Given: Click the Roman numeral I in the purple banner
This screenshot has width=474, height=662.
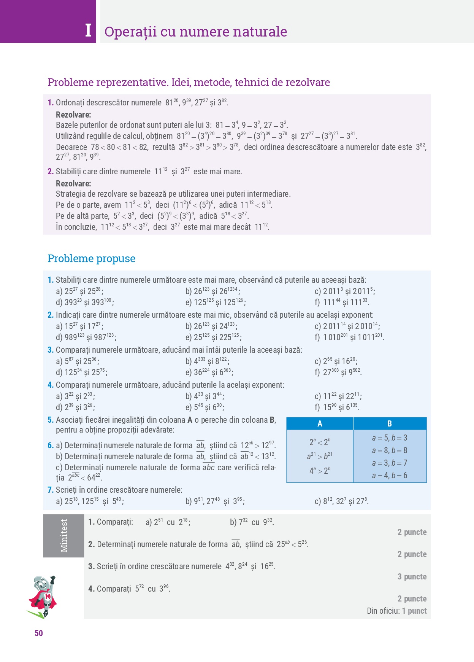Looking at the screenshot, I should [x=88, y=30].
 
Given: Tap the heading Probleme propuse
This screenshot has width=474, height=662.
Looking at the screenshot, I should [x=91, y=258].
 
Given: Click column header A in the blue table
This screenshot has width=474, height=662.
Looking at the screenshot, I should [x=320, y=423].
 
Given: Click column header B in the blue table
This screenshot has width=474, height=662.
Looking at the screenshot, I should [x=389, y=423].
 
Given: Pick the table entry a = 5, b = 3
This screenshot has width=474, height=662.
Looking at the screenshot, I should [x=389, y=438].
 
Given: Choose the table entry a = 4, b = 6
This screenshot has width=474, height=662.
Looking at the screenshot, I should [x=389, y=476].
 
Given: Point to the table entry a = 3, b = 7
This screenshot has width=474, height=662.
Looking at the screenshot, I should [x=389, y=463].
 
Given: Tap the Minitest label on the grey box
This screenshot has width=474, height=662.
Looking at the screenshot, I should [x=64, y=536].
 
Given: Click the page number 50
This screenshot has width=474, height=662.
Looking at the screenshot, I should [x=39, y=633].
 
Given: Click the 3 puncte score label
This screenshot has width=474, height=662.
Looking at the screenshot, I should [x=412, y=577].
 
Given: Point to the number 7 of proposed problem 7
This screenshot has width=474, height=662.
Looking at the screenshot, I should [x=50, y=490].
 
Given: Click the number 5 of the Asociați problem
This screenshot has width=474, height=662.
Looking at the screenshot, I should [x=50, y=420].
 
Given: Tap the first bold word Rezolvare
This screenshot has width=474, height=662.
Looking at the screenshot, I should [x=73, y=115].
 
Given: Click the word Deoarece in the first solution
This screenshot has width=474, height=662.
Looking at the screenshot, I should [x=71, y=147].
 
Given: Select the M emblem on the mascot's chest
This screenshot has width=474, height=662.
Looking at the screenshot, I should [x=48, y=597].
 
